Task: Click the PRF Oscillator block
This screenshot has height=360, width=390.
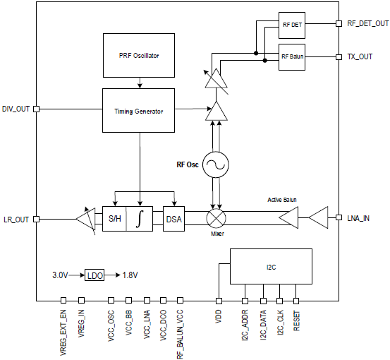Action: click(139, 55)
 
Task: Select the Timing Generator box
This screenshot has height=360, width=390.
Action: click(138, 110)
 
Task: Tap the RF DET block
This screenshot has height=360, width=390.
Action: click(292, 25)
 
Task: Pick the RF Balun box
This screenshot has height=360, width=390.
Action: click(292, 57)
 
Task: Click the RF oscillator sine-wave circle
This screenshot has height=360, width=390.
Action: click(215, 164)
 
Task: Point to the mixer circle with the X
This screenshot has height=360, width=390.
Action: click(216, 218)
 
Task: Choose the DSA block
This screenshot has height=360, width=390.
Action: click(174, 219)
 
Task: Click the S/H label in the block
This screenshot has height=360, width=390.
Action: click(115, 219)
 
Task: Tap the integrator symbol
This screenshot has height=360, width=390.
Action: click(140, 219)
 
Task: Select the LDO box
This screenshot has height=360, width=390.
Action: click(95, 275)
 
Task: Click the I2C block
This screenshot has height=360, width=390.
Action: click(271, 266)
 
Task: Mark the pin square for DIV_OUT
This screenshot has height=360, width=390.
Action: click(36, 109)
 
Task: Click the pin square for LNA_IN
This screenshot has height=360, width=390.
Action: click(339, 217)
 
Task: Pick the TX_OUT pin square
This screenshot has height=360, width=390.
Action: click(339, 57)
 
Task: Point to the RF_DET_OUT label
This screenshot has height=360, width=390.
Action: click(368, 24)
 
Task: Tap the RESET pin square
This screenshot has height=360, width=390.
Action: click(296, 301)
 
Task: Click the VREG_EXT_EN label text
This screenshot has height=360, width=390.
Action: click(63, 332)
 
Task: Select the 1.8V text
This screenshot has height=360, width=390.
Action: click(130, 275)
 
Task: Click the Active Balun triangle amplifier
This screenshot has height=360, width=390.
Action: click(288, 217)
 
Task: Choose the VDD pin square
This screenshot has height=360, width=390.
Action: click(219, 301)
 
